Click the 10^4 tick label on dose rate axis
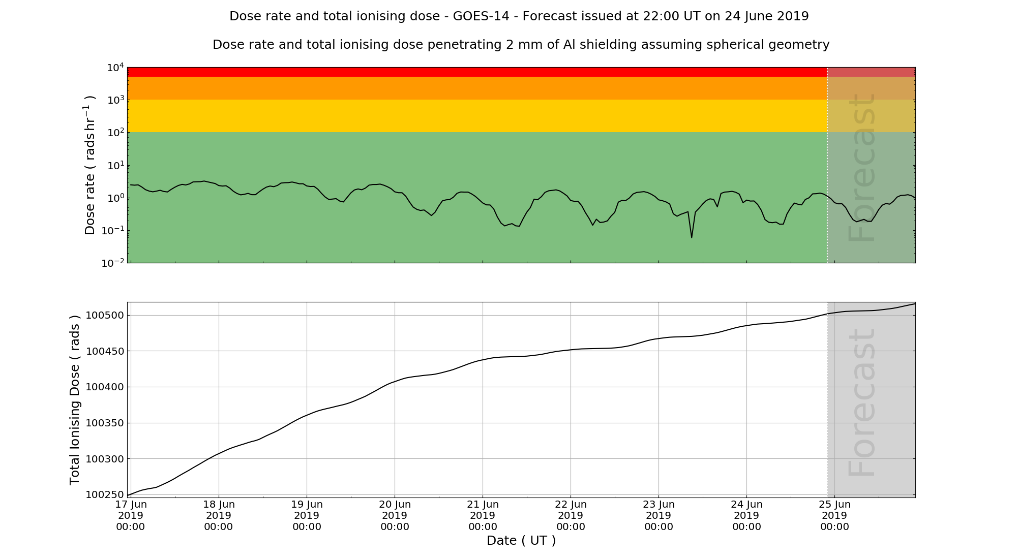point(115,68)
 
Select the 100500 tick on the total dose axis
point(104,316)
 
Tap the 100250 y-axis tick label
point(104,495)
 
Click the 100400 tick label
point(104,387)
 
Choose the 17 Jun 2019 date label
point(131,515)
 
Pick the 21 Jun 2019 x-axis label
point(483,515)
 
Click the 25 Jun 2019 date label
point(834,515)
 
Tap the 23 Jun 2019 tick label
point(659,515)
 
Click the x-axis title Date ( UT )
point(521,541)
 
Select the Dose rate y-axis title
point(89,165)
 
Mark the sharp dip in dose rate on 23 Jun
point(692,237)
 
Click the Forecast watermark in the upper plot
point(862,168)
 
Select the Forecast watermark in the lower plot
point(862,402)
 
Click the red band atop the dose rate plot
point(477,72)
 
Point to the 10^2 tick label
point(115,133)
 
